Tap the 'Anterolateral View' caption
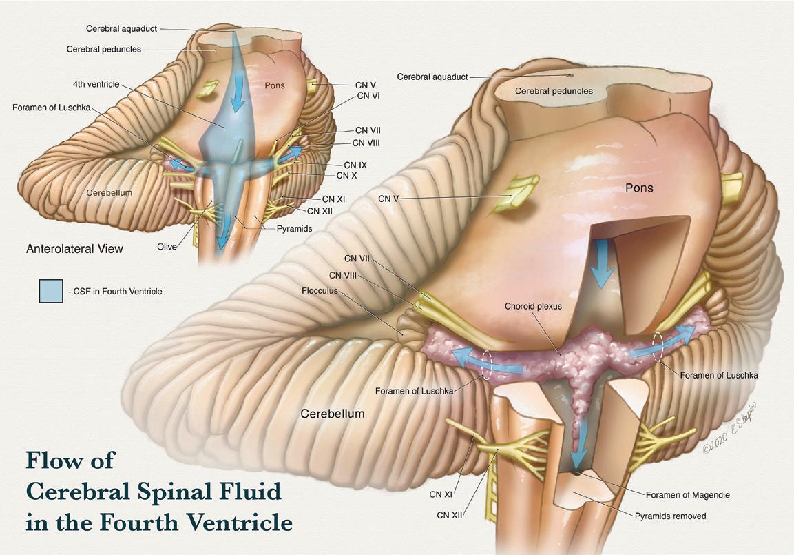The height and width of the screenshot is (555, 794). coord(74,248)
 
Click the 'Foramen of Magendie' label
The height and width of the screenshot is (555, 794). coord(687,494)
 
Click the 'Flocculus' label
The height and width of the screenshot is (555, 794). coord(320,290)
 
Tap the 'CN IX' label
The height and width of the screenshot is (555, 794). coord(355,165)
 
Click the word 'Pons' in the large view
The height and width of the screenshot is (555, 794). coord(640,188)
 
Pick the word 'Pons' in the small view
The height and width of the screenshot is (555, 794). coord(275,85)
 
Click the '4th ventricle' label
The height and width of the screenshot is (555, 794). coord(96,84)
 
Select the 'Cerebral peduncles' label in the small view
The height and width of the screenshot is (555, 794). coord(104,50)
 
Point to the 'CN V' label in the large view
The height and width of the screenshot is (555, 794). coord(389,199)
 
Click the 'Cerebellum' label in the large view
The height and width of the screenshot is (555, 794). coord(333,414)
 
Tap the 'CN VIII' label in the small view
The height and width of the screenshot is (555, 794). coord(366,143)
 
